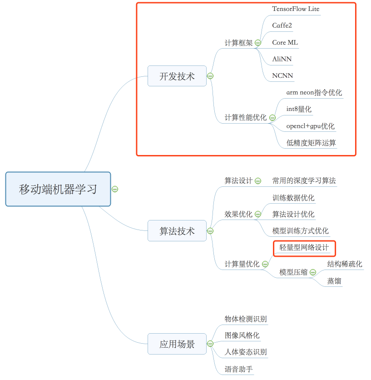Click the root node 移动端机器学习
[x=58, y=189]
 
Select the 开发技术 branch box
[x=177, y=76]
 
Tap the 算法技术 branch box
[x=177, y=231]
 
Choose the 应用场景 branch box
[x=177, y=344]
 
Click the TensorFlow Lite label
[x=296, y=9]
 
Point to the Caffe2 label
[x=282, y=25]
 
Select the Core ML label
[x=285, y=42]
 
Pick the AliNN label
[x=282, y=59]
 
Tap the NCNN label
[x=282, y=75]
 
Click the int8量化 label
[x=299, y=109]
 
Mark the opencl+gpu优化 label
[x=310, y=126]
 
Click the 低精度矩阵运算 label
[x=311, y=143]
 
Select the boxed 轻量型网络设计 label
[x=304, y=248]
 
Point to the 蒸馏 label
[x=334, y=281]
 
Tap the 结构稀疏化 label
[x=345, y=264]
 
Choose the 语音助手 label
[x=239, y=369]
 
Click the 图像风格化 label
[x=242, y=335]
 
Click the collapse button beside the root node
[x=115, y=189]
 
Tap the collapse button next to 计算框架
[x=258, y=43]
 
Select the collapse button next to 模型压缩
[x=313, y=273]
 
